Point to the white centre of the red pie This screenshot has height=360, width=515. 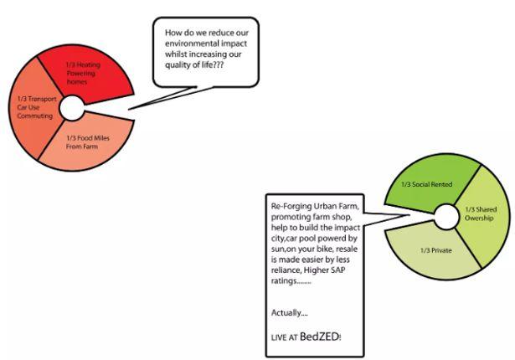pos(70,108)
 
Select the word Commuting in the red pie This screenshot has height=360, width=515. pos(34,117)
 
